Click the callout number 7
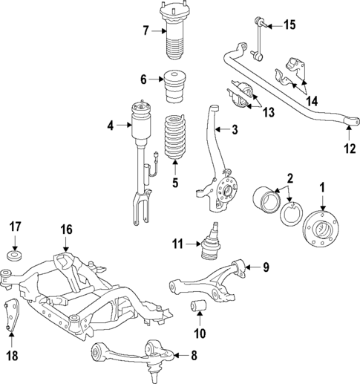[x=147, y=30]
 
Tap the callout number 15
[x=289, y=25]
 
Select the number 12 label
[x=350, y=147]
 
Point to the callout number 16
[x=67, y=229]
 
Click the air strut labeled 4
[x=140, y=149]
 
